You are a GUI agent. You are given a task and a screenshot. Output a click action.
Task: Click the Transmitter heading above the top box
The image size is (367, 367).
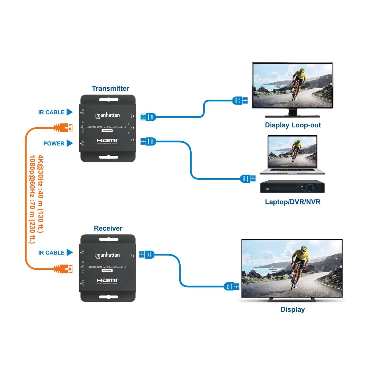point(110,88)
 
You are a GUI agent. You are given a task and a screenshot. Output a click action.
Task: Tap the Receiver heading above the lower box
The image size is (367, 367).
point(108,228)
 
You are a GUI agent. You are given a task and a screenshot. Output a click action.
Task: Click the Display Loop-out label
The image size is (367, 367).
point(293,125)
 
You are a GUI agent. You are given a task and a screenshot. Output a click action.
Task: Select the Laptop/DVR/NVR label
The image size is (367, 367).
point(293,202)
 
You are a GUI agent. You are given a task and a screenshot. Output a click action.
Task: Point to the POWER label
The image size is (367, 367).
point(54,143)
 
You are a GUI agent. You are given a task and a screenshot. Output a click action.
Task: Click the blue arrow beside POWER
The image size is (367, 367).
point(69,143)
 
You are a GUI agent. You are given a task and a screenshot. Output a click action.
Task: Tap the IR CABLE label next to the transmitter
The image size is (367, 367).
point(51,112)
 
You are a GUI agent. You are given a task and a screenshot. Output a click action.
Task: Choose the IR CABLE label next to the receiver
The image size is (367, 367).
point(51,253)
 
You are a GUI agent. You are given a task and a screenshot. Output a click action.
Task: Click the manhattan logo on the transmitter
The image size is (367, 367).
point(107,115)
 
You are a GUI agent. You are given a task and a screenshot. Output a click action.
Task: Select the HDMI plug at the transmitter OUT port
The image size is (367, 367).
point(148,117)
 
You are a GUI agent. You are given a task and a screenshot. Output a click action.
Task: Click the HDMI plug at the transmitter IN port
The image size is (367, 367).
point(148,142)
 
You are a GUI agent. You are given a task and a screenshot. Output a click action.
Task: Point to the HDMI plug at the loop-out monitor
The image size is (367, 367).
point(240,100)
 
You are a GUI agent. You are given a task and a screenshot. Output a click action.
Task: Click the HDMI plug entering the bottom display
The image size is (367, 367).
point(232,286)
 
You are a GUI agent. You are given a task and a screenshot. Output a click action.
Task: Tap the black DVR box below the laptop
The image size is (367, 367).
point(292,186)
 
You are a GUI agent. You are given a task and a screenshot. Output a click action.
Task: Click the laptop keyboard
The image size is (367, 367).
point(292,170)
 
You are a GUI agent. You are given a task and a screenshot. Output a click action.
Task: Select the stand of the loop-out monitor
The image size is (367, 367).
point(292,113)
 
